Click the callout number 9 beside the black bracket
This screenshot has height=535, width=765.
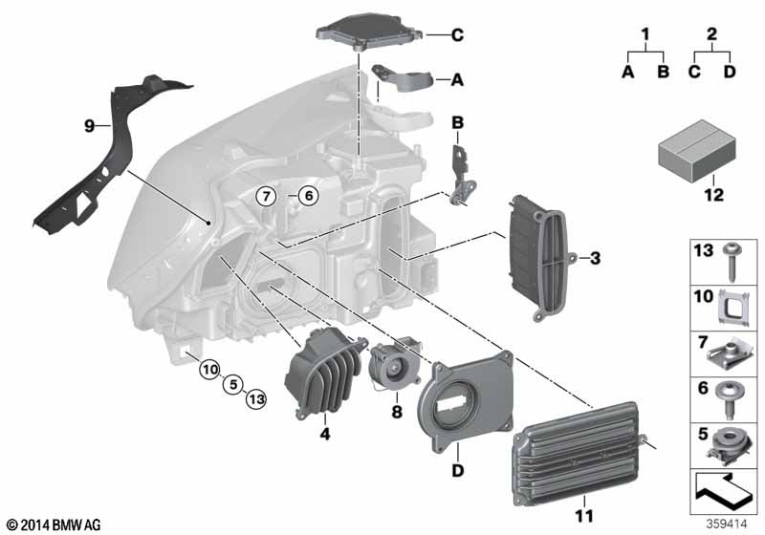coord(89,126)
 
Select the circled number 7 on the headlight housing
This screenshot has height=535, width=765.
coord(266,197)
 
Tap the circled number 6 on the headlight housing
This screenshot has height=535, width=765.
coord(308,197)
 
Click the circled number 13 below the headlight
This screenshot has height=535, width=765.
coord(256,400)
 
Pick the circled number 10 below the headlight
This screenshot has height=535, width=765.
coord(209,370)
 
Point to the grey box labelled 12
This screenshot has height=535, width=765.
coord(697,151)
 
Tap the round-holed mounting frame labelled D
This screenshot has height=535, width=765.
coord(467,400)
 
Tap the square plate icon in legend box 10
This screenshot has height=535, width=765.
coord(734,308)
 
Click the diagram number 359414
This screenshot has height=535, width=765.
coord(727,524)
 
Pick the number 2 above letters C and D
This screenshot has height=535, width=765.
coord(711,34)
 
